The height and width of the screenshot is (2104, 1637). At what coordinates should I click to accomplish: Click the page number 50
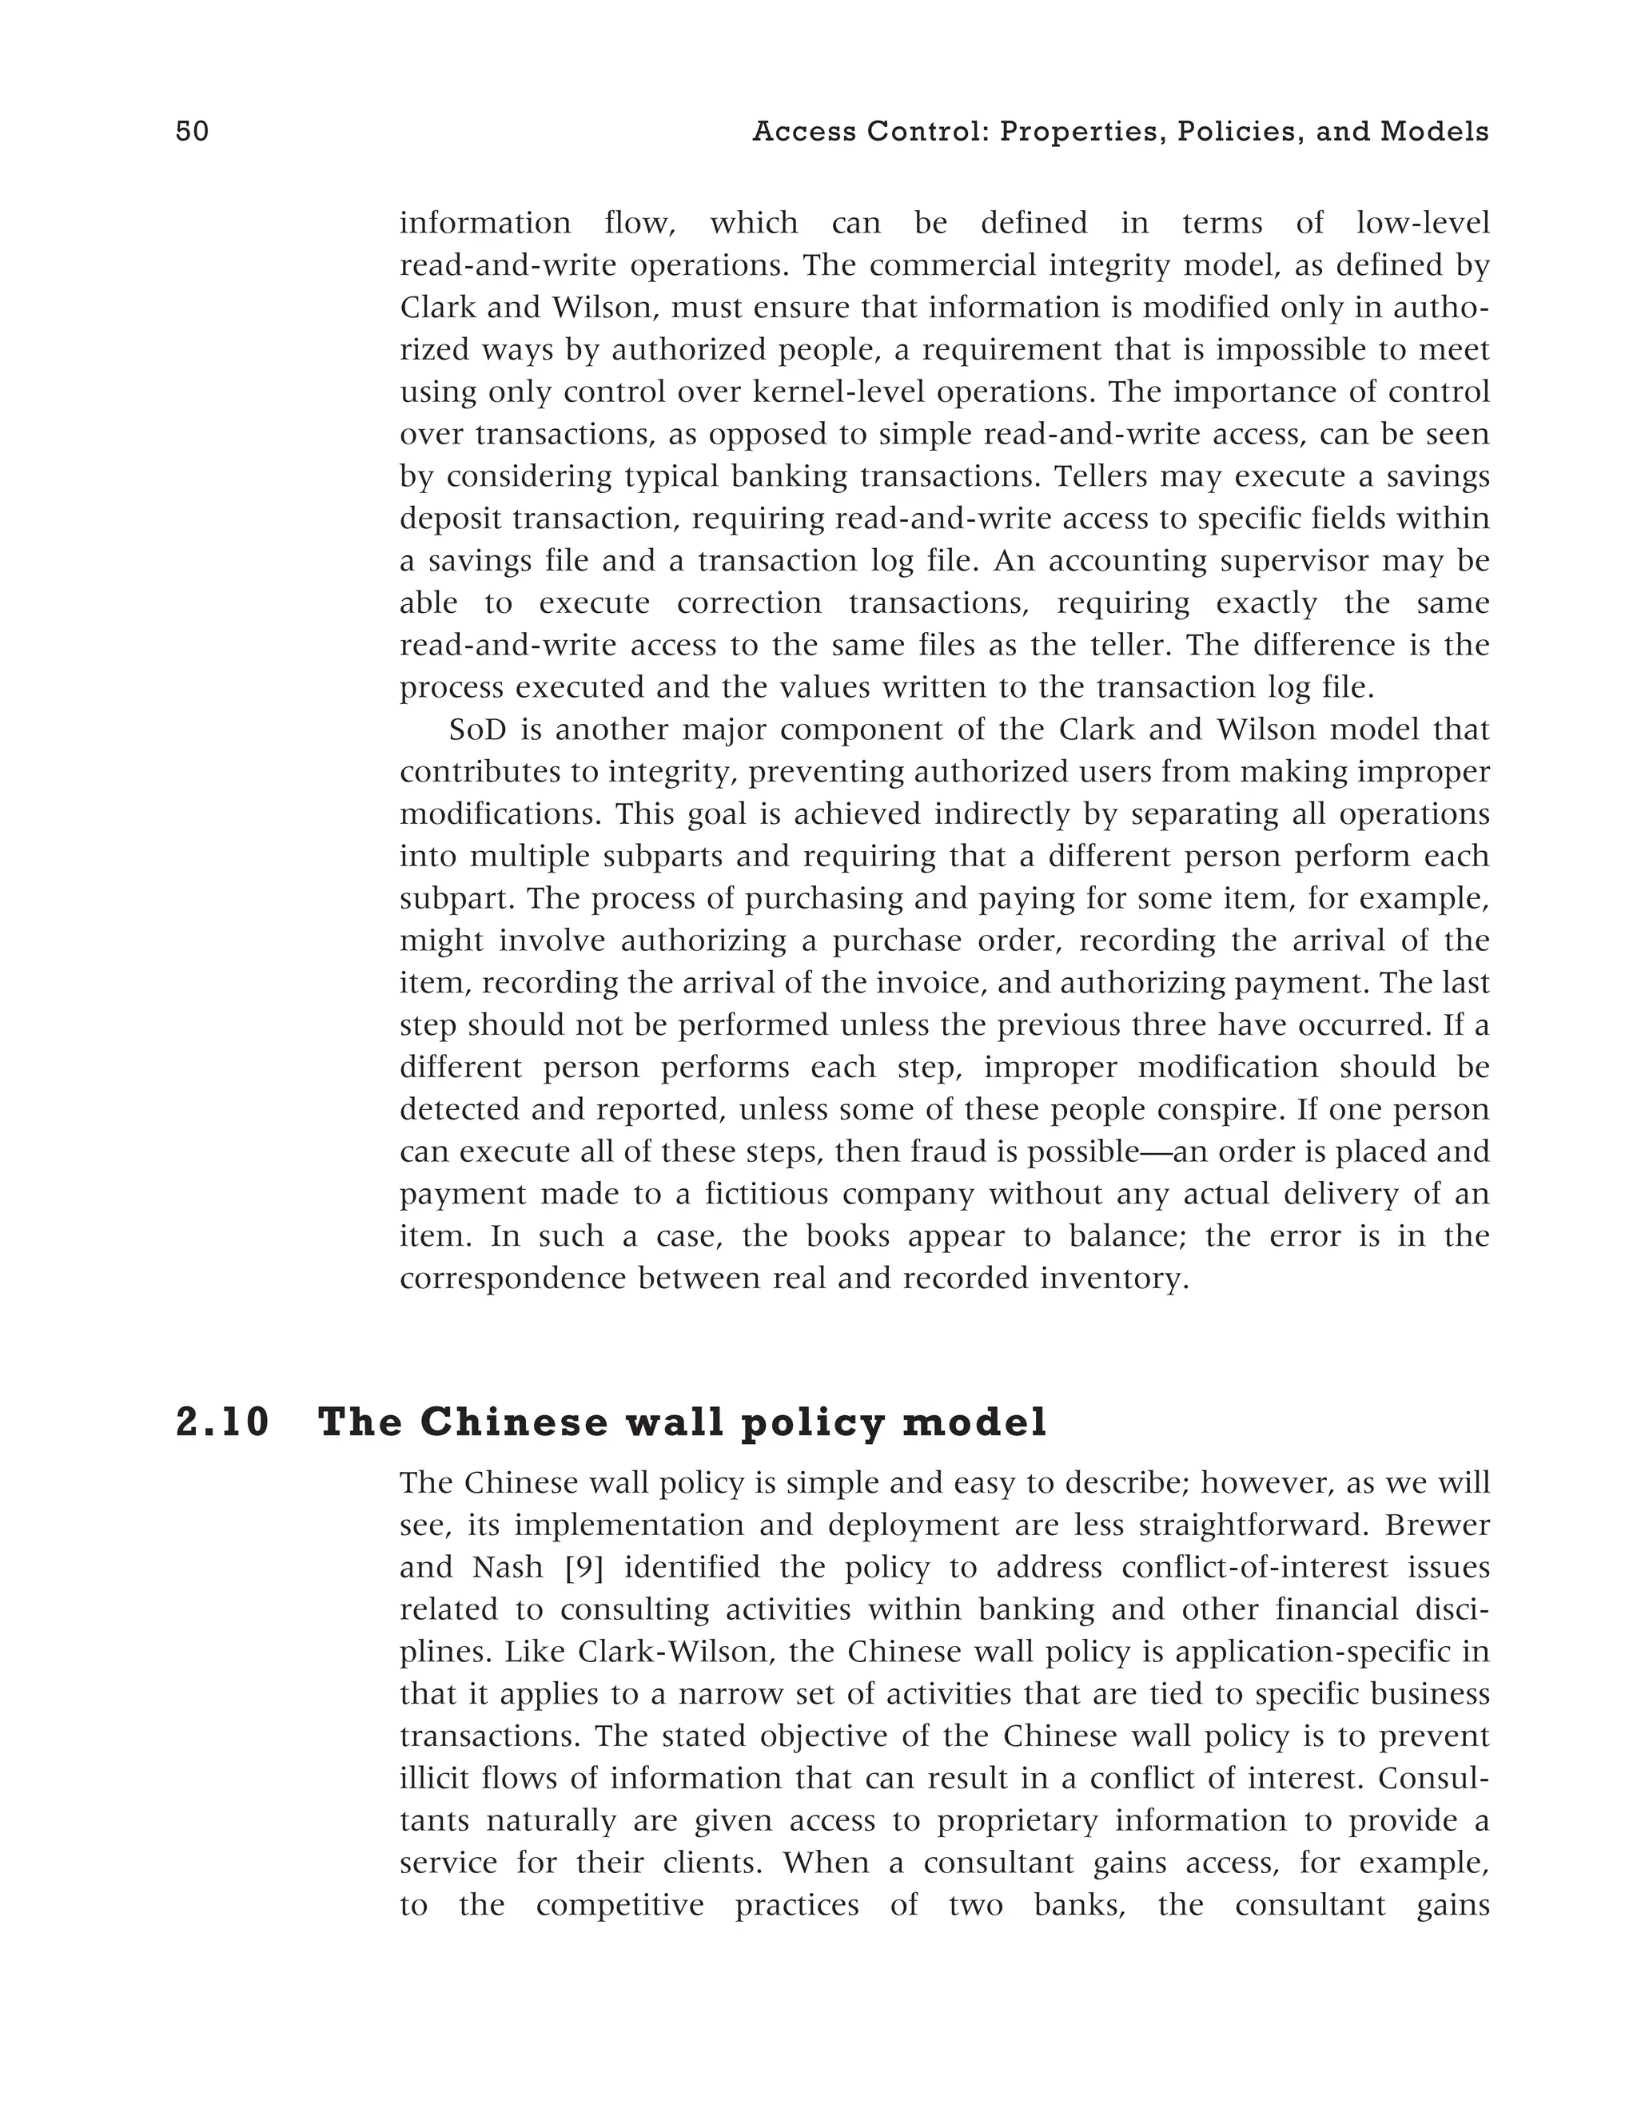(x=192, y=132)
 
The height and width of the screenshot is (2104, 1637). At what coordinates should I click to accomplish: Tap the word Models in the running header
(x=1434, y=132)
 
